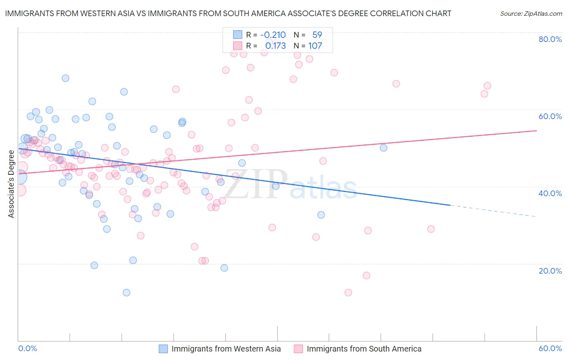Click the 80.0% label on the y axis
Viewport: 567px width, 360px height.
click(x=550, y=39)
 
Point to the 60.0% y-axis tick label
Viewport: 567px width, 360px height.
click(x=550, y=116)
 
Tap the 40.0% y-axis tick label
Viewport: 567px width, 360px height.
click(x=550, y=193)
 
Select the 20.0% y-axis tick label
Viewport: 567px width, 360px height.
click(x=550, y=270)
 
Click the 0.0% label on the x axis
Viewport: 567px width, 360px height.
click(x=28, y=348)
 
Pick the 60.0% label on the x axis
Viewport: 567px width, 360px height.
click(x=550, y=348)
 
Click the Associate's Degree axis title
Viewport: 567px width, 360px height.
click(x=11, y=184)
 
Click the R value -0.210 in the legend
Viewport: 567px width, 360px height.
click(x=273, y=35)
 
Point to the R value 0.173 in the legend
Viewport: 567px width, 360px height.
click(x=275, y=46)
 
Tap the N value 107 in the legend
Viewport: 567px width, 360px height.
click(x=315, y=46)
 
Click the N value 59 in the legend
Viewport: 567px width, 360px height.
click(x=317, y=35)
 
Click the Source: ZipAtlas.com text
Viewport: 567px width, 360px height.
click(x=531, y=13)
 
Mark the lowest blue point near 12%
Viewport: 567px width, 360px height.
click(x=126, y=293)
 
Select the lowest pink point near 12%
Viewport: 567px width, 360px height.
click(x=348, y=293)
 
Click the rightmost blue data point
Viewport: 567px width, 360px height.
click(x=384, y=148)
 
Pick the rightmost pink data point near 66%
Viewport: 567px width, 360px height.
click(x=487, y=86)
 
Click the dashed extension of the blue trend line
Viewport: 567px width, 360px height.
click(x=492, y=211)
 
